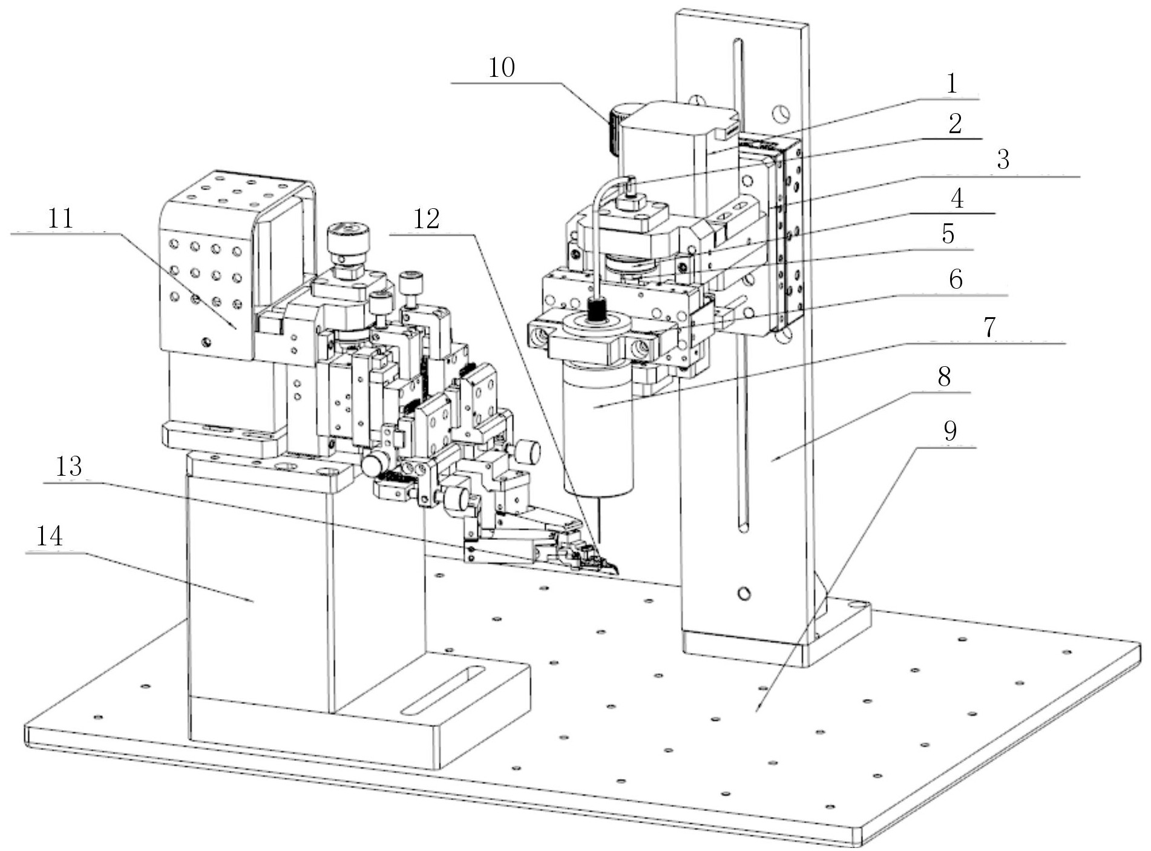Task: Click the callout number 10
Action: [501, 67]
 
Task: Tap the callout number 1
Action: [951, 84]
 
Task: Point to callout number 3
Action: [1003, 160]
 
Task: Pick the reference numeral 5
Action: [948, 233]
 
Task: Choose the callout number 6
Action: [956, 279]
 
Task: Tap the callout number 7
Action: [989, 327]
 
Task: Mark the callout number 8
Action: [944, 376]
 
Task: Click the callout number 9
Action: [950, 431]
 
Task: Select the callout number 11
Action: [61, 218]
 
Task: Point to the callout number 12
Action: [426, 219]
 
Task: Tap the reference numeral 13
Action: [69, 466]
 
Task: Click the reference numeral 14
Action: [49, 536]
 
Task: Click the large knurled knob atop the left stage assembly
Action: [348, 240]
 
